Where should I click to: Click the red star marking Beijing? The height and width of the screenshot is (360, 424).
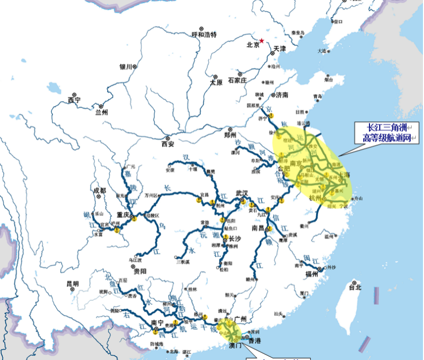point(262,40)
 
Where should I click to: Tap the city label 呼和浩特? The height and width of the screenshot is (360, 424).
point(204,35)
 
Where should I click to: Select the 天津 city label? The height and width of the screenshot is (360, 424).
point(280,49)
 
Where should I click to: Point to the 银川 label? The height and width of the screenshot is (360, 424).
point(126,67)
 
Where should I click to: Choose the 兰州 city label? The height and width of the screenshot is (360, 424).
point(102,112)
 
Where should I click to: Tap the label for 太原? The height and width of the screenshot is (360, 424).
point(216,82)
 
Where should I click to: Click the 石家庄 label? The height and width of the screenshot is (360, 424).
point(237,80)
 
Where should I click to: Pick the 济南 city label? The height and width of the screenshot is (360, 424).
point(282,95)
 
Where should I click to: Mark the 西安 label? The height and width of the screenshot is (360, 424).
point(168,144)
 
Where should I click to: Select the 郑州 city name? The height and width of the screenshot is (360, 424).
point(230,135)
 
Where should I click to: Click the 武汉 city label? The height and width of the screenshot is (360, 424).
point(242,193)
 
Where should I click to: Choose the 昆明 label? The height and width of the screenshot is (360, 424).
point(72,284)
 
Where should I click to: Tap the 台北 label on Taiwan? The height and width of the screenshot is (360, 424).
point(355,287)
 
